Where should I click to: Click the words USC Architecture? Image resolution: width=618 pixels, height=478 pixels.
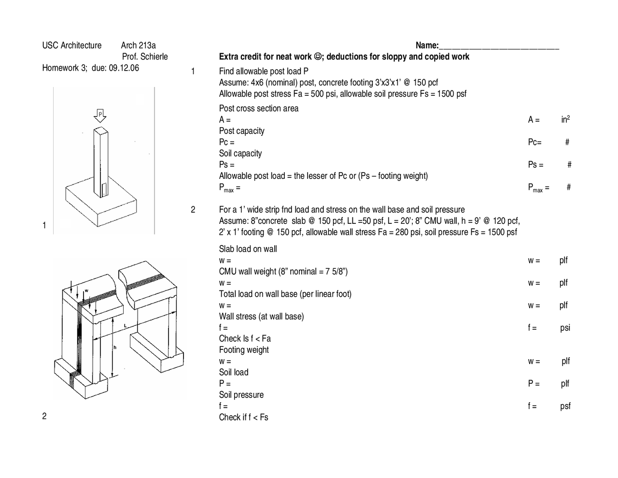pyautogui.click(x=72, y=45)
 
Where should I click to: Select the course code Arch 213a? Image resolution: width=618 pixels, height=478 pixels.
pyautogui.click(x=138, y=45)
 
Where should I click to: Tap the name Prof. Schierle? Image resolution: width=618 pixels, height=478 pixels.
pyautogui.click(x=145, y=57)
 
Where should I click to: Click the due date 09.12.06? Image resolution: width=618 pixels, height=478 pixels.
pyautogui.click(x=124, y=68)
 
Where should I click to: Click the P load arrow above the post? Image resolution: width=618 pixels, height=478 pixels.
pyautogui.click(x=100, y=116)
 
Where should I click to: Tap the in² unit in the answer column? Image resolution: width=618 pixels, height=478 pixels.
pyautogui.click(x=565, y=119)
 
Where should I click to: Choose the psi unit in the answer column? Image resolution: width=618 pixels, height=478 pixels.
pyautogui.click(x=565, y=328)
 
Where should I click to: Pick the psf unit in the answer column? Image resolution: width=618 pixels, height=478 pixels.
pyautogui.click(x=565, y=406)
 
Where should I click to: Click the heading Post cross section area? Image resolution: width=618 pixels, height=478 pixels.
pyautogui.click(x=259, y=108)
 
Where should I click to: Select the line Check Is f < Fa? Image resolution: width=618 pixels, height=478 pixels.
pyautogui.click(x=245, y=338)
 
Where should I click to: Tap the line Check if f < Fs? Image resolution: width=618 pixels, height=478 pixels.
pyautogui.click(x=243, y=417)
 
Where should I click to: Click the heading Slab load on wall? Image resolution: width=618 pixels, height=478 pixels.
pyautogui.click(x=248, y=249)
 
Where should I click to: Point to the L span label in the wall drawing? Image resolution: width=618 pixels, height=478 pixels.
pyautogui.click(x=125, y=326)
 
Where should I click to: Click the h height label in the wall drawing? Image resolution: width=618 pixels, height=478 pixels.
pyautogui.click(x=115, y=347)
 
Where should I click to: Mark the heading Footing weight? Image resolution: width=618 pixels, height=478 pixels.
pyautogui.click(x=244, y=350)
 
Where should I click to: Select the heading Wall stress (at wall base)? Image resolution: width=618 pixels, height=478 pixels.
pyautogui.click(x=261, y=317)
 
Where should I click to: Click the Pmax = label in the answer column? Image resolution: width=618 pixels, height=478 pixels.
pyautogui.click(x=538, y=188)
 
